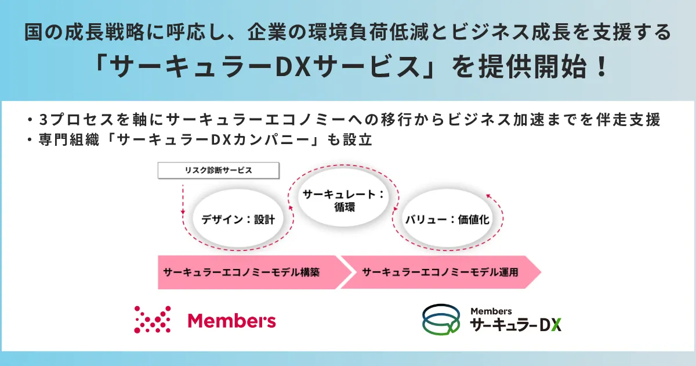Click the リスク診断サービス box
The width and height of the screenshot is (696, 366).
pyautogui.click(x=219, y=170)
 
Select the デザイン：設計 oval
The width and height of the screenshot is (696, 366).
pyautogui.click(x=238, y=220)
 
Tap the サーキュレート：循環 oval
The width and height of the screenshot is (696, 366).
pyautogui.click(x=343, y=198)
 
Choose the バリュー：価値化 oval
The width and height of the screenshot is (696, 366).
pyautogui.click(x=447, y=220)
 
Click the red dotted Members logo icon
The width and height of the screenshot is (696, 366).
pyautogui.click(x=152, y=320)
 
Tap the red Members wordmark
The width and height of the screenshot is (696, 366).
pyautogui.click(x=232, y=321)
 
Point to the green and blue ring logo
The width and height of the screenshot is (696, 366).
pyautogui.click(x=441, y=320)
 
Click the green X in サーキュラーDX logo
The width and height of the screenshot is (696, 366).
pyautogui.click(x=556, y=325)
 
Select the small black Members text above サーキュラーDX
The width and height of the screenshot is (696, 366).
pyautogui.click(x=491, y=311)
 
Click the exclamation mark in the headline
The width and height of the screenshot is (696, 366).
pyautogui.click(x=602, y=67)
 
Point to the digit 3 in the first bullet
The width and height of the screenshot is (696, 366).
pyautogui.click(x=43, y=120)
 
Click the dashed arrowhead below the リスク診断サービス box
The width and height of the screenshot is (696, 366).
pyautogui.click(x=183, y=212)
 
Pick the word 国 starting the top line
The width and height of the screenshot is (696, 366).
pyautogui.click(x=33, y=32)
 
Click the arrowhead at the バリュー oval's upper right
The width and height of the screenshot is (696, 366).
pyautogui.click(x=488, y=196)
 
